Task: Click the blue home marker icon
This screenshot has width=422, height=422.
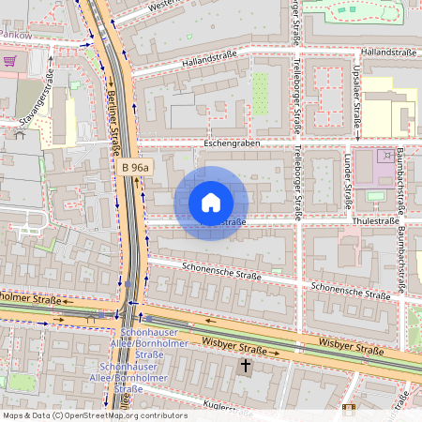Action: coord(211,203)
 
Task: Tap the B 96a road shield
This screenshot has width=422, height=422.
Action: coord(138,167)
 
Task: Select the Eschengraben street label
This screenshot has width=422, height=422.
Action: coord(230,143)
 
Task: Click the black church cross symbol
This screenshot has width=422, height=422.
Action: coord(246,365)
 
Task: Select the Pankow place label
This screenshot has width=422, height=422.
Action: coord(16,34)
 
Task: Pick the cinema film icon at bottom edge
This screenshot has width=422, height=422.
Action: coord(349,408)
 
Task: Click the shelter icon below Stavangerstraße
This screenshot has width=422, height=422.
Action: coord(18,134)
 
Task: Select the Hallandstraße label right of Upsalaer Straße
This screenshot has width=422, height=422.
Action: coord(387,53)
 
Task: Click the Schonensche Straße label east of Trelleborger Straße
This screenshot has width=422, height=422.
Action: coord(350,291)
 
